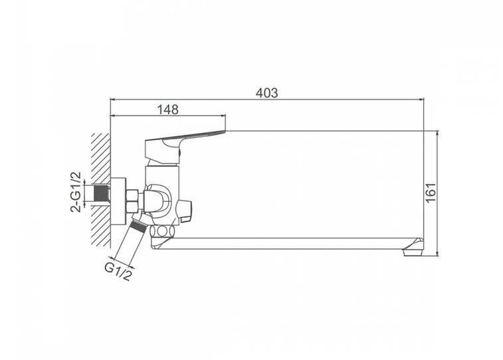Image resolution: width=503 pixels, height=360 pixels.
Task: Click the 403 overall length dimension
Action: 266,93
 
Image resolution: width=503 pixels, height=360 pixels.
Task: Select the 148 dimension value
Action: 167,110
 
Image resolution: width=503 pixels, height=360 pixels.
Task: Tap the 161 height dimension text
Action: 431,193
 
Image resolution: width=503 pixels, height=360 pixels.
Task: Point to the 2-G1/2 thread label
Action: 76,192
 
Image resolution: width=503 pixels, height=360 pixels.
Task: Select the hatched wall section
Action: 100,190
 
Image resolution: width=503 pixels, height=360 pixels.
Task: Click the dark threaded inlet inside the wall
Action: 101,193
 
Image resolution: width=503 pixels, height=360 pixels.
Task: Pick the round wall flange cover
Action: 118,201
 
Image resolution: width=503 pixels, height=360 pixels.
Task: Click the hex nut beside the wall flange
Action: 132,201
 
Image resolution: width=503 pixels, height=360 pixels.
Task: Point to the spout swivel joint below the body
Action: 163,230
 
